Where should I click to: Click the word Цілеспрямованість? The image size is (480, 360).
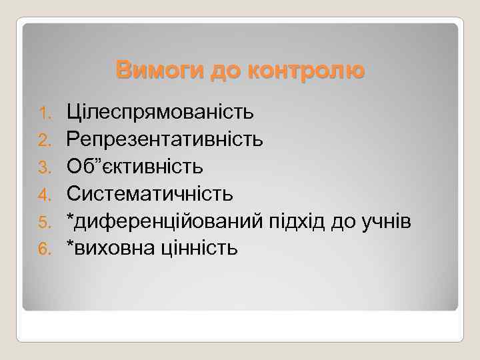tap(159, 111)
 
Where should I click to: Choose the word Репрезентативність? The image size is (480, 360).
tap(164, 139)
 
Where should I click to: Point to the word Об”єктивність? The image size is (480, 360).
tap(134, 166)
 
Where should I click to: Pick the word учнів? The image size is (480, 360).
tap(391, 221)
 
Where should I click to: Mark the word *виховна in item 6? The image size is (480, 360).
tap(109, 248)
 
